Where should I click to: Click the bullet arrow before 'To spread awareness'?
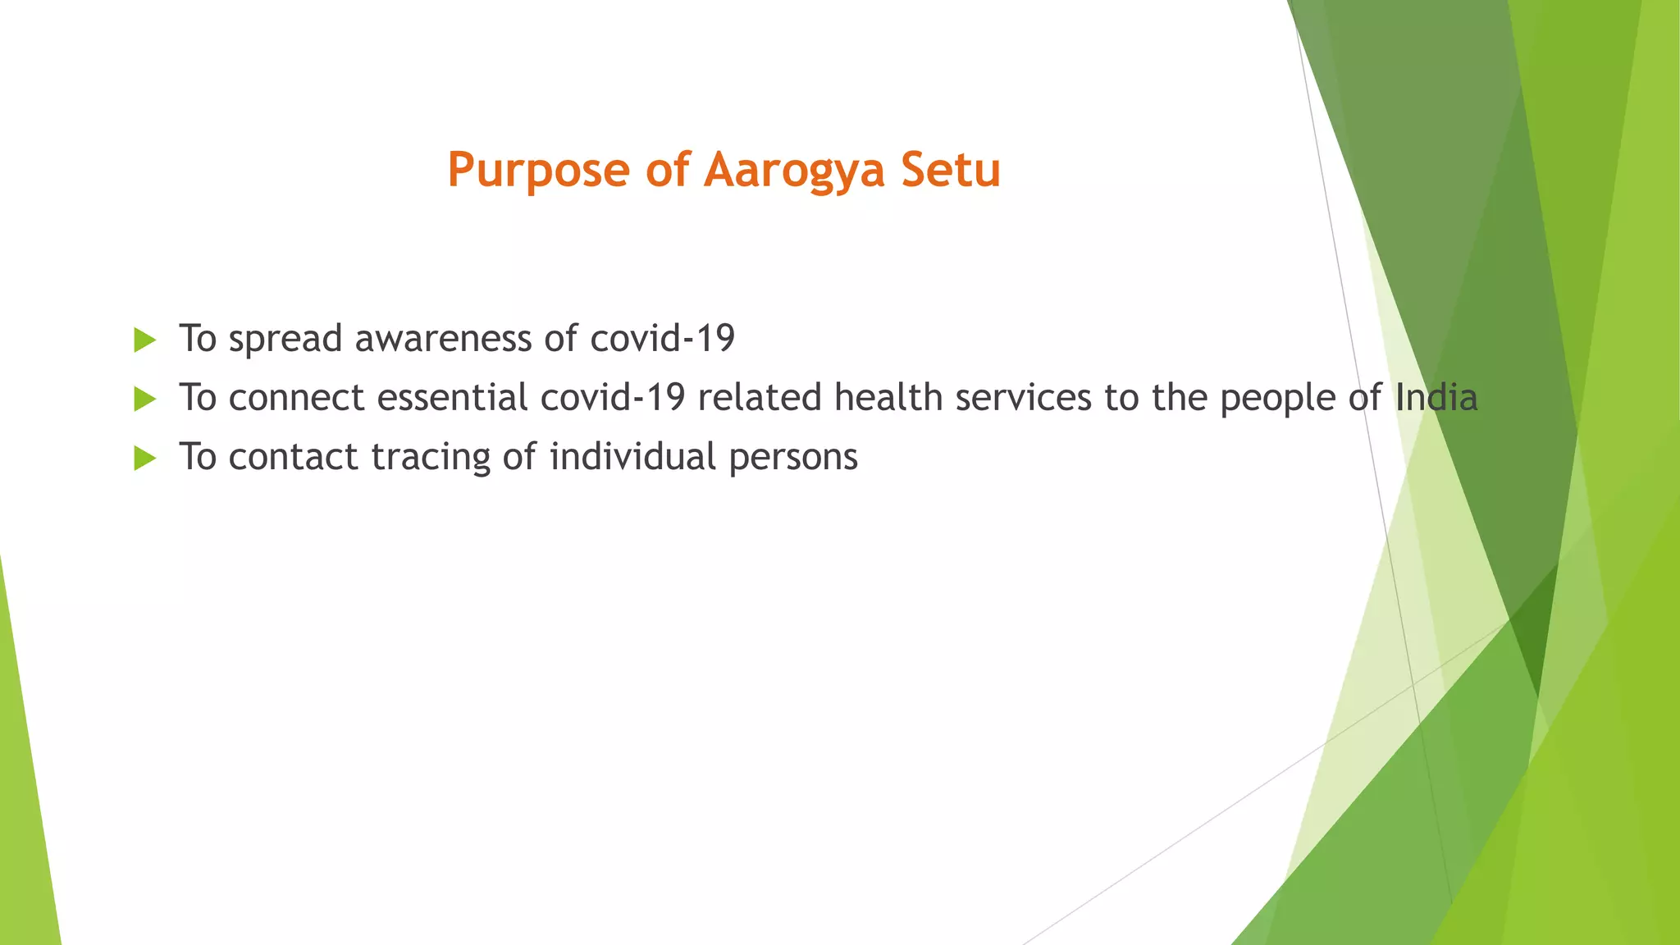[144, 340]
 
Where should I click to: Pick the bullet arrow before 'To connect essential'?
[144, 399]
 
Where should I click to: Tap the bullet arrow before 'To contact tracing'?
[144, 459]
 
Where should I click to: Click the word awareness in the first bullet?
[444, 339]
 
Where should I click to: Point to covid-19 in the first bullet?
[662, 339]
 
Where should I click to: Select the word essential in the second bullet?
[452, 398]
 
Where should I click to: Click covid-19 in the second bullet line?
[613, 398]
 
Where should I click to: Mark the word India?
[1436, 398]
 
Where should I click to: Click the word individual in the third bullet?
[632, 456]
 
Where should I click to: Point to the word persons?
[792, 458]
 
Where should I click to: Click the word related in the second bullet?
[760, 398]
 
